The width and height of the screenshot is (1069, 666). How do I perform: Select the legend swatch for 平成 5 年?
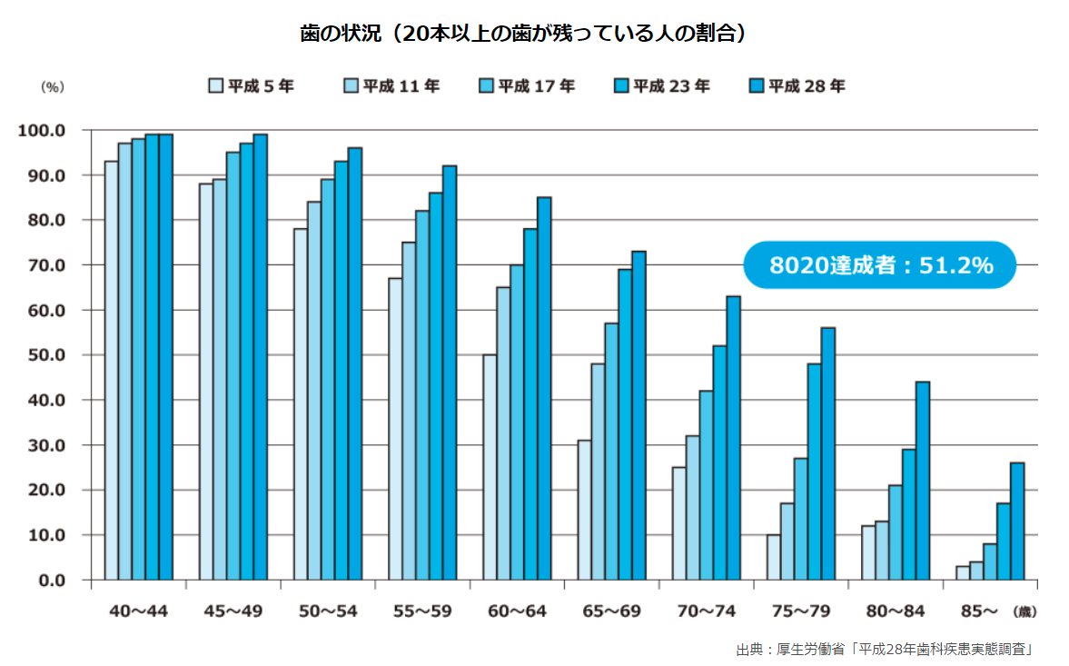tap(215, 86)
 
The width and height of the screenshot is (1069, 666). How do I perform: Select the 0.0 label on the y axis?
tap(50, 581)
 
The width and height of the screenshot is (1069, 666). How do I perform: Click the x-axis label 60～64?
tap(517, 611)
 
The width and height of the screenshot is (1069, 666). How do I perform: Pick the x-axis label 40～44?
tap(138, 611)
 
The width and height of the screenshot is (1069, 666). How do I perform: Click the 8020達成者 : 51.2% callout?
tap(879, 265)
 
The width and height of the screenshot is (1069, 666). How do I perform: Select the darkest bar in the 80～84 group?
tap(923, 481)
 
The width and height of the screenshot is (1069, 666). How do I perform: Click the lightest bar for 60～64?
tap(490, 467)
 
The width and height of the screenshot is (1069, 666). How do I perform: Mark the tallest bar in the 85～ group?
tap(1017, 522)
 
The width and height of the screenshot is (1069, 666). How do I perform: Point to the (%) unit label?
tap(53, 87)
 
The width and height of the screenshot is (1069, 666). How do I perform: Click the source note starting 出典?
tap(886, 650)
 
